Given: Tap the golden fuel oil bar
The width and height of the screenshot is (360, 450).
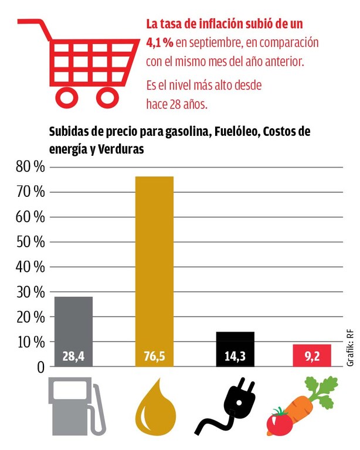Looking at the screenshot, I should [x=154, y=264].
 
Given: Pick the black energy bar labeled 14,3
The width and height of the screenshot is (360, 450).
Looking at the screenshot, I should [x=235, y=349].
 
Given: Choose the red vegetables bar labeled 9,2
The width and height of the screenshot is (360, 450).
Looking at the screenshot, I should [x=312, y=355].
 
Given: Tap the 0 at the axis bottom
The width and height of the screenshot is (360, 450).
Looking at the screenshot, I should [x=40, y=367].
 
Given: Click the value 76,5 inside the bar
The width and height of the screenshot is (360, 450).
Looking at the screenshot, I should [x=154, y=356].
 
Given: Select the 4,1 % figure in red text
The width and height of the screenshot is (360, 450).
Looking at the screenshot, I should [x=159, y=43].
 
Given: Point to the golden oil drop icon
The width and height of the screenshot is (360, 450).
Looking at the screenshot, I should [x=154, y=410].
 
